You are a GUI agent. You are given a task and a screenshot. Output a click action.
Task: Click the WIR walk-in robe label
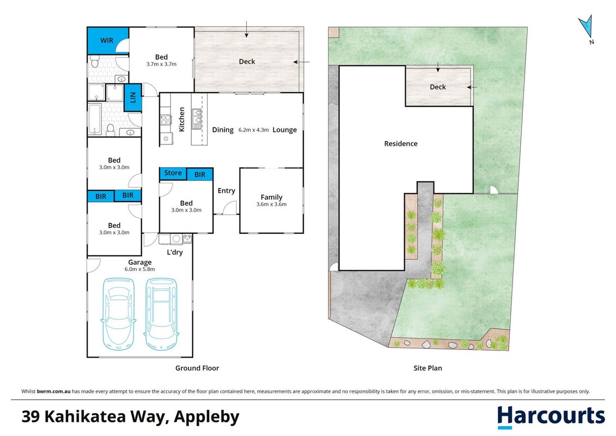pos(106,40)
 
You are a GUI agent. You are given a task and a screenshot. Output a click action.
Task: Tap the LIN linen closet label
pos(133,97)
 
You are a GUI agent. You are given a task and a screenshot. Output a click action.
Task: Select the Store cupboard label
pos(173,173)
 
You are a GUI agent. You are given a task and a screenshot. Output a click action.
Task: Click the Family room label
pos(271,197)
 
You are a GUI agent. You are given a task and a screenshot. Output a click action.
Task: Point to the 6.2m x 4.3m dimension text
pos(253,130)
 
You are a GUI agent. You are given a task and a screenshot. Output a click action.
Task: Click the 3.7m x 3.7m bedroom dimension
pos(161,64)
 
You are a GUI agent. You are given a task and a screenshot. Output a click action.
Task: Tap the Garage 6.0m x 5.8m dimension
pos(140,269)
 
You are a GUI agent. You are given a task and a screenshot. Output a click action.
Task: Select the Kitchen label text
pos(181,119)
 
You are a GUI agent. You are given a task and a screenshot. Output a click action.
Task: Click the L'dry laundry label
pos(175,252)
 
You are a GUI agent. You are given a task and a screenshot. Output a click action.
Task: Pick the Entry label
pos(226,191)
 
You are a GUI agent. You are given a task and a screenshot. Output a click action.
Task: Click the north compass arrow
pos(585,27)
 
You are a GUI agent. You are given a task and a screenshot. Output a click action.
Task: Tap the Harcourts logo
pos(551,417)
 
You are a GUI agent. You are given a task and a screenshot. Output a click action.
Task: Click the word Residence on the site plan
pos(401,143)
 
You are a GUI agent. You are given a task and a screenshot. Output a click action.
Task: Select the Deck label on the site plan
pos(438,87)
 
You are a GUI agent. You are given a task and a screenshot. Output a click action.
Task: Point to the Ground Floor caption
pos(197,368)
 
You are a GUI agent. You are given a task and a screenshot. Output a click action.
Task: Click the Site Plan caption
pos(428,368)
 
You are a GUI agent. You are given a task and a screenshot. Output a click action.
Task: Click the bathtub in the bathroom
pos(95,119)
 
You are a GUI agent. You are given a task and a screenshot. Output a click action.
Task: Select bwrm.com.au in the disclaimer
pos(54,391)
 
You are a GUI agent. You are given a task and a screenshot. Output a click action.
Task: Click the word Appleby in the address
pos(206,417)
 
